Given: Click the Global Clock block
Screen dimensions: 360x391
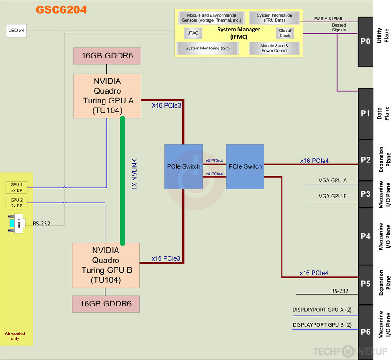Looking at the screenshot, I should pyautogui.click(x=285, y=33).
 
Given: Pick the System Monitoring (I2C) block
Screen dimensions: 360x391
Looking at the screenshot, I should pyautogui.click(x=206, y=48).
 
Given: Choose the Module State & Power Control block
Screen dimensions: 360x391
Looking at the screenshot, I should pyautogui.click(x=274, y=48).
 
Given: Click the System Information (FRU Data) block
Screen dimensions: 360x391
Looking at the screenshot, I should pyautogui.click(x=274, y=18).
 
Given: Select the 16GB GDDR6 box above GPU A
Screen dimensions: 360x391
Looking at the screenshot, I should pyautogui.click(x=107, y=56).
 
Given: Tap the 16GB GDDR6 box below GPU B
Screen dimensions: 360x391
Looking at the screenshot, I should pyautogui.click(x=105, y=304).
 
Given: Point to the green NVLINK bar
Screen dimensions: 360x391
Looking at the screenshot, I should pyautogui.click(x=122, y=180).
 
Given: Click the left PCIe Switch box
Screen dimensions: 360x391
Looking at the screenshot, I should pyautogui.click(x=183, y=166).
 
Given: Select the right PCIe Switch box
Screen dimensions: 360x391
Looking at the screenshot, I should pyautogui.click(x=245, y=166).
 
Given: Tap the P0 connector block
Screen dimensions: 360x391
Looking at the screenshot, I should pyautogui.click(x=365, y=41).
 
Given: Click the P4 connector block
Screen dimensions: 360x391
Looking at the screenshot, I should pyautogui.click(x=365, y=236).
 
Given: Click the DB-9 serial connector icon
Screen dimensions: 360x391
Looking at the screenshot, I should pyautogui.click(x=16, y=223).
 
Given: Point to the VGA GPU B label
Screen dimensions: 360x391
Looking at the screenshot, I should pyautogui.click(x=332, y=197).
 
